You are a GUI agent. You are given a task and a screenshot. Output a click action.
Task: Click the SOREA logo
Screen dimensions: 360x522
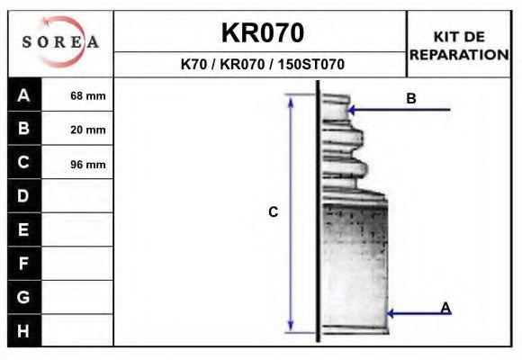coord(60,42)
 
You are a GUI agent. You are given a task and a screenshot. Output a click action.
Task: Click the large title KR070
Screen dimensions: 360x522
coord(262,33)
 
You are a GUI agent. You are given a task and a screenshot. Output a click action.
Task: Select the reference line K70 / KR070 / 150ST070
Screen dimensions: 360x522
coord(262,65)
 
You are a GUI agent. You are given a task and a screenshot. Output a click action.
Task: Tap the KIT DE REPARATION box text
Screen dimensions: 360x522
coord(459,45)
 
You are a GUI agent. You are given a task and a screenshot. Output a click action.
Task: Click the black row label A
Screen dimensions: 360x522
coord(24,95)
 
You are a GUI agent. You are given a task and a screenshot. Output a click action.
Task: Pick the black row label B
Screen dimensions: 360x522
coord(24,129)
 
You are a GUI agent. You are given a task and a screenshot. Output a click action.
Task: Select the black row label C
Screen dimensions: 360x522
coord(24,163)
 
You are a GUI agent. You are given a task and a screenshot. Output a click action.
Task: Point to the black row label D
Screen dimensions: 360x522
coord(24,196)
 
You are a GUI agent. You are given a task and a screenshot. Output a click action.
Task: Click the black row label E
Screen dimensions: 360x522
coord(24,229)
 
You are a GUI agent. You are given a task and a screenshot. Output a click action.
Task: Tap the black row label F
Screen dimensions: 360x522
coord(24,264)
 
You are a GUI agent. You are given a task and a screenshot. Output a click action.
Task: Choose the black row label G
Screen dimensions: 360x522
coord(24,297)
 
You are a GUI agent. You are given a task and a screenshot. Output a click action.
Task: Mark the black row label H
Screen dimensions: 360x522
coord(24,330)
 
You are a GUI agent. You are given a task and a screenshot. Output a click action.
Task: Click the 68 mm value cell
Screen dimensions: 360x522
coord(87,95)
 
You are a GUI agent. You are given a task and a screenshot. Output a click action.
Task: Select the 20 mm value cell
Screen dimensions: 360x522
coord(87,130)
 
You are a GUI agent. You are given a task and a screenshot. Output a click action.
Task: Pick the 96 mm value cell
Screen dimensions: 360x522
coord(87,164)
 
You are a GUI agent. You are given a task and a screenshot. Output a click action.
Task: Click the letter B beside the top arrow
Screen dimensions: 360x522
coord(411,99)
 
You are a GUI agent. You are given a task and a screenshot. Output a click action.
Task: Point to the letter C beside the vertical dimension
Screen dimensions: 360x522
coord(273,212)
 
